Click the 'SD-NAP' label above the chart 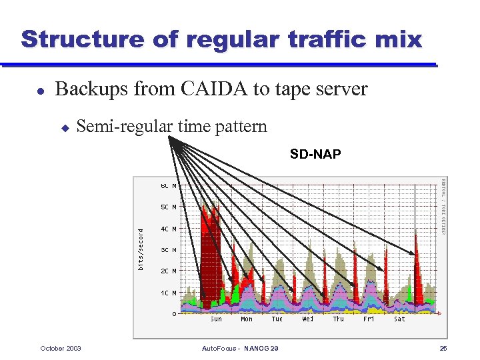(315, 155)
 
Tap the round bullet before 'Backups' (41, 90)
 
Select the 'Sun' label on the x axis (216, 319)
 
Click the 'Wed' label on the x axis (307, 319)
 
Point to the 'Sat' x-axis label (399, 319)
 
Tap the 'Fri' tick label (369, 319)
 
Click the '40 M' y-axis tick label (169, 229)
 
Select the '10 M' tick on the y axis (169, 293)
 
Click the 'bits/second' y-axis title (141, 250)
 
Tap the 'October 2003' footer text (61, 348)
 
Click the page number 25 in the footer (443, 348)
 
